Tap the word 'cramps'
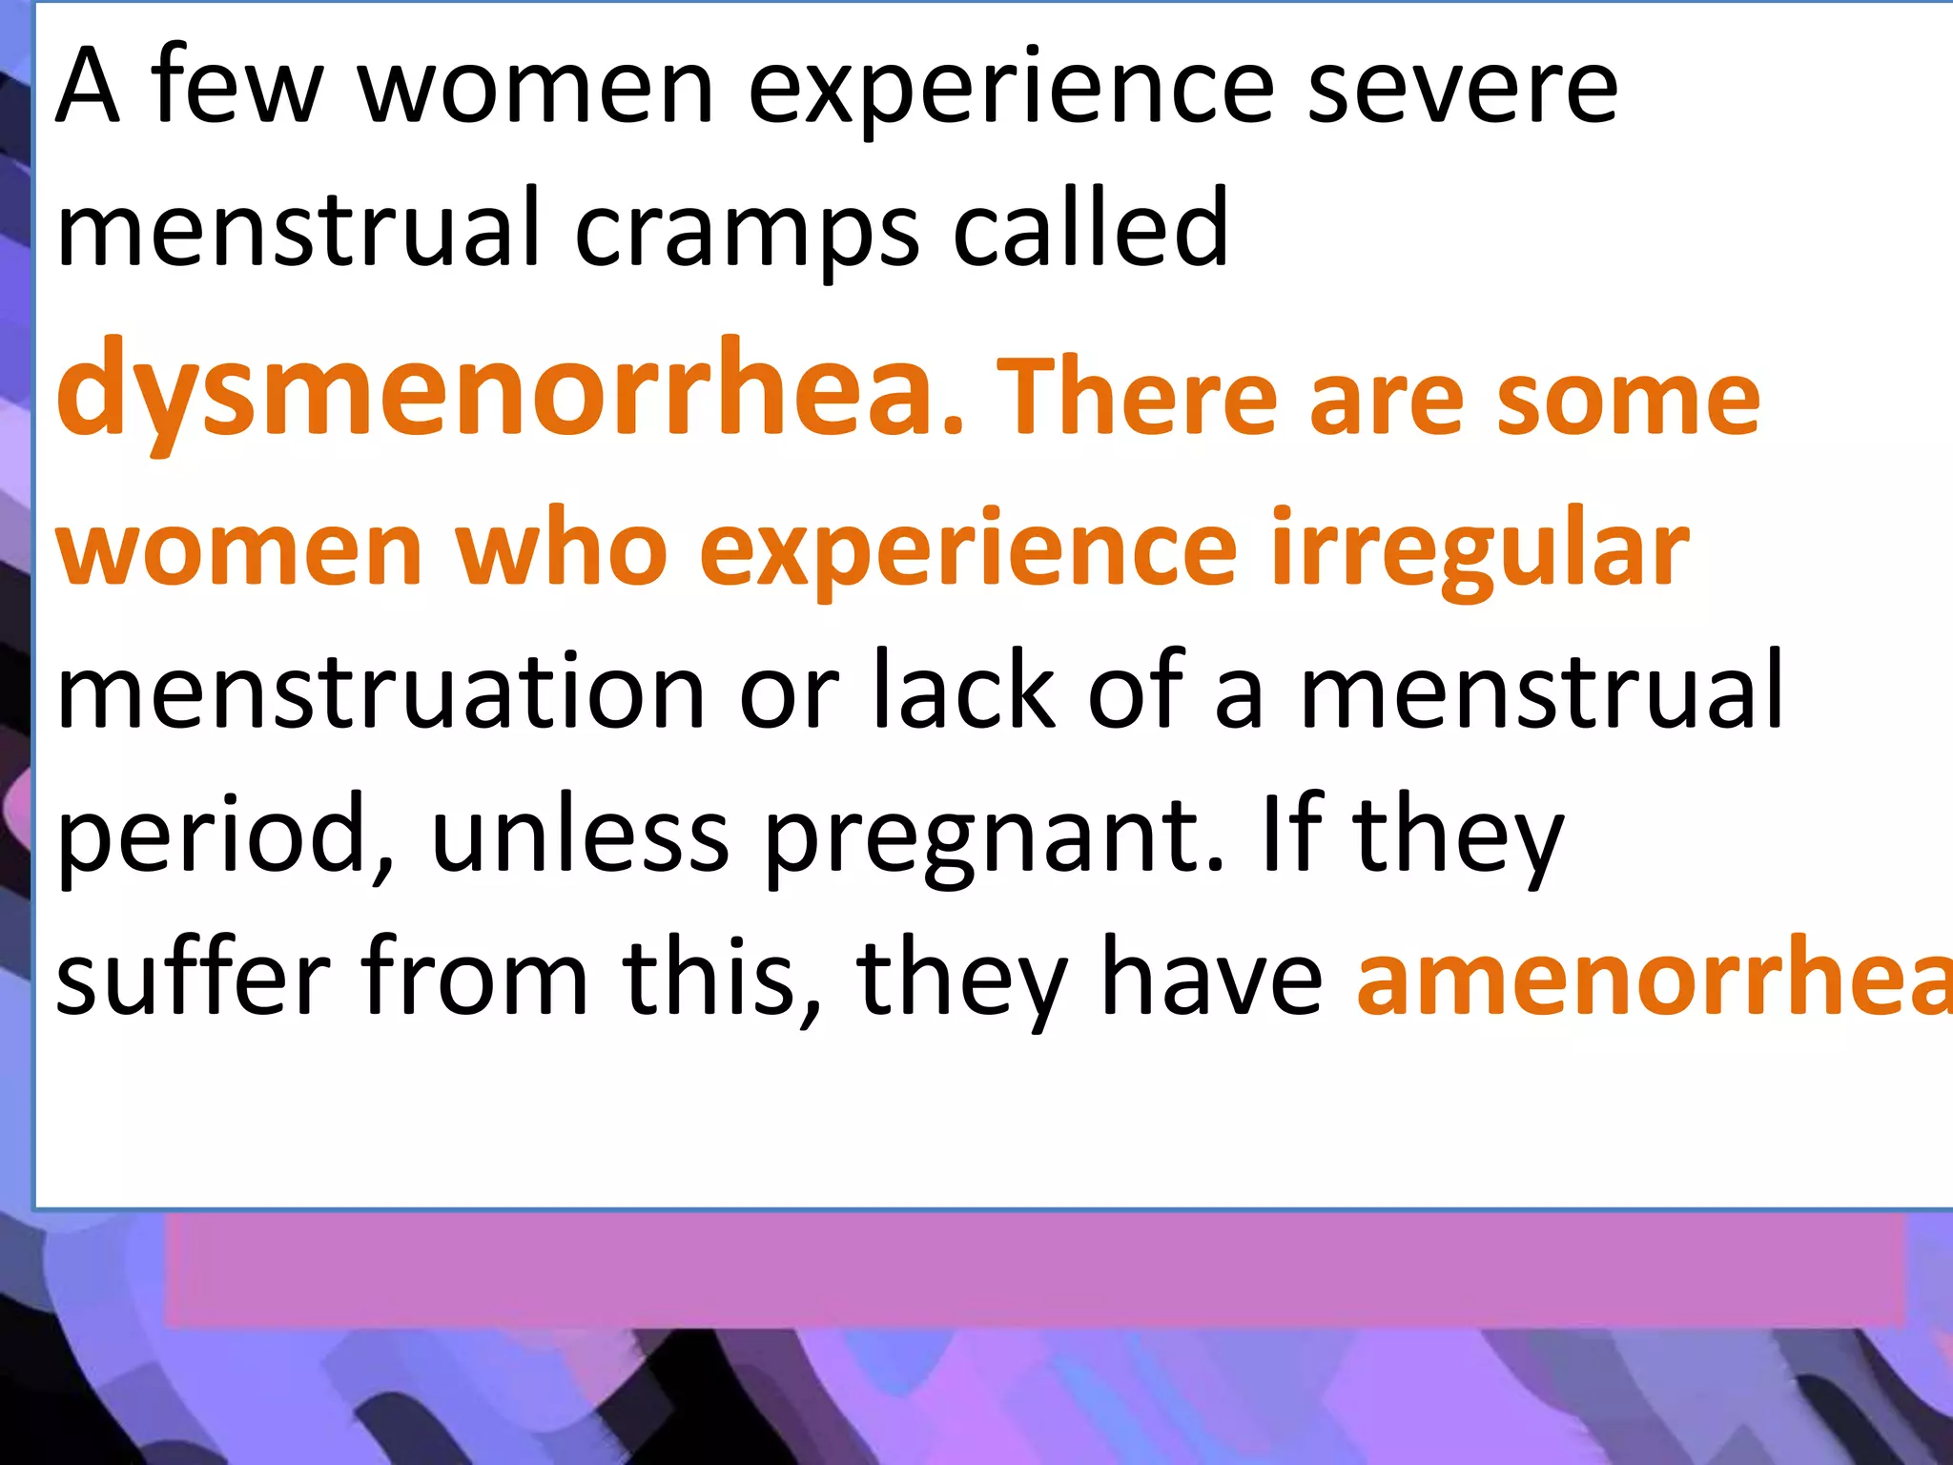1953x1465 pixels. pyautogui.click(x=748, y=229)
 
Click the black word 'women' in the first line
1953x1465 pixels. pyautogui.click(x=535, y=88)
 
